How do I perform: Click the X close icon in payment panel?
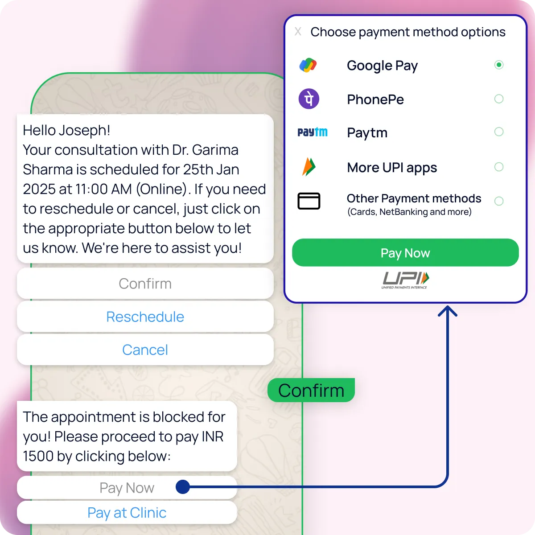298,32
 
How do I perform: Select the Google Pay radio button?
499,65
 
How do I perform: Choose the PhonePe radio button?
499,99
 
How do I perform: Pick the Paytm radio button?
499,132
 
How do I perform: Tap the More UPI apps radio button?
499,167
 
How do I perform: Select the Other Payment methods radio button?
499,201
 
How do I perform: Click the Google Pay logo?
308,66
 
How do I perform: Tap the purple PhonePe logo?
309,99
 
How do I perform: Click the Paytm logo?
312,132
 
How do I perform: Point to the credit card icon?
309,201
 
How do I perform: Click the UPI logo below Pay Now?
405,280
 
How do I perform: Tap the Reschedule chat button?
145,317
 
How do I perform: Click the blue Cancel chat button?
145,350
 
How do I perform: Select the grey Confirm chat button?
145,284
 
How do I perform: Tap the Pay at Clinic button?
127,513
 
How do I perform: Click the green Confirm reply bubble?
311,391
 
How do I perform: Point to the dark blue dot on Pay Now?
183,487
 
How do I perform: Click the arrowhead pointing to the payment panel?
448,311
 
